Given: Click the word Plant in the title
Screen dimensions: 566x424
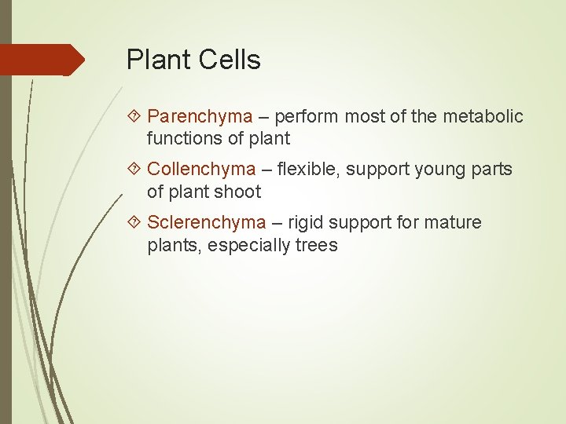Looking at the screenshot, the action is (155, 60).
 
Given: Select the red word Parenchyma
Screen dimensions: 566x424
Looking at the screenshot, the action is (200, 117).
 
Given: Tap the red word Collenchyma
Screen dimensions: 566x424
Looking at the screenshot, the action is (201, 170).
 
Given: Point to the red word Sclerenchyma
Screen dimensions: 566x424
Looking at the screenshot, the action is (207, 223).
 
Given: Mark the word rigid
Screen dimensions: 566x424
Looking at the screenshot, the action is (305, 223).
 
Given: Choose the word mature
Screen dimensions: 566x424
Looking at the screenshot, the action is (453, 223).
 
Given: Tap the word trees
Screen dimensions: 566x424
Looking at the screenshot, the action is (316, 246).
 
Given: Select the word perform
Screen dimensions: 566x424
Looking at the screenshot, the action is (307, 117).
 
